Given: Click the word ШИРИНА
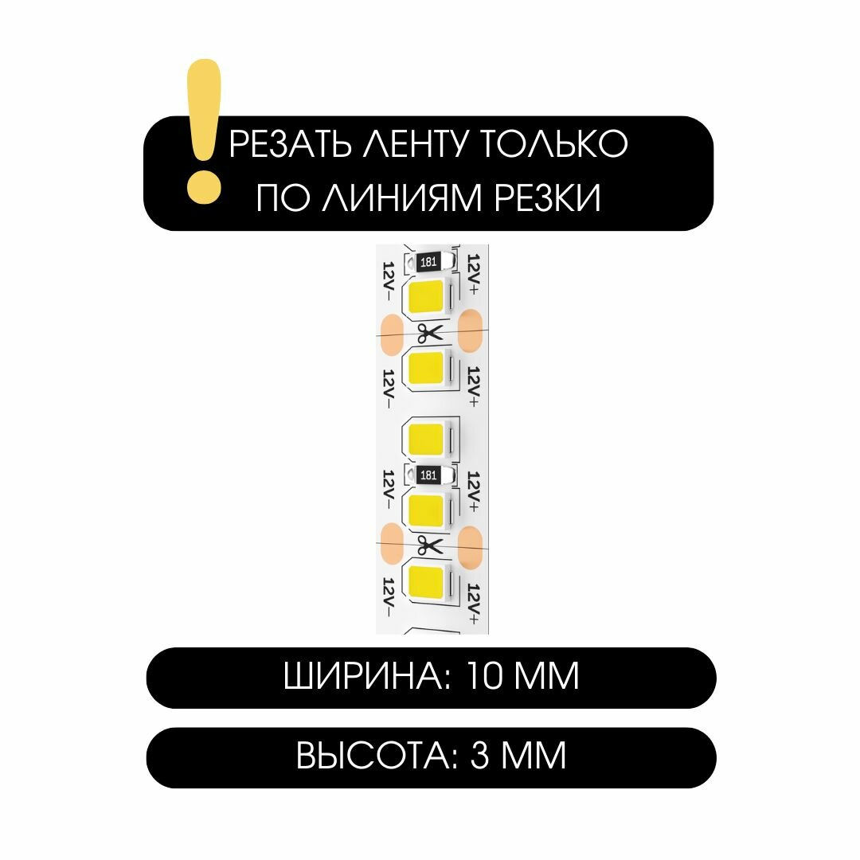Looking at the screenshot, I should pyautogui.click(x=362, y=678).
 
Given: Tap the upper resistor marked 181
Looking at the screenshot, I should pyautogui.click(x=428, y=261).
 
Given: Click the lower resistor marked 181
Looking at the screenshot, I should pyautogui.click(x=428, y=475).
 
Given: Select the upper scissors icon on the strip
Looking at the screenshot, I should pyautogui.click(x=428, y=334).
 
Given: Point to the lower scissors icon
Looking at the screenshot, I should pyautogui.click(x=429, y=545).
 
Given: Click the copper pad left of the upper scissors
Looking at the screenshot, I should pyautogui.click(x=391, y=334).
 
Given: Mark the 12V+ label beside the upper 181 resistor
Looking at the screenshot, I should pyautogui.click(x=473, y=276).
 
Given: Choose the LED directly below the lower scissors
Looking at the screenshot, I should pyautogui.click(x=428, y=581).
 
